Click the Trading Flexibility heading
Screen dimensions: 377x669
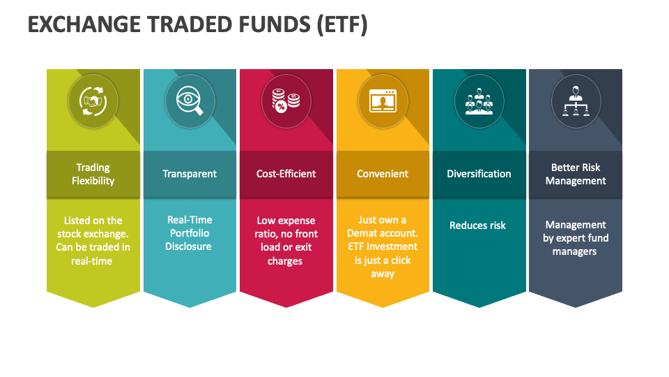(x=93, y=174)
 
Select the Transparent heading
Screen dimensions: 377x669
(x=190, y=174)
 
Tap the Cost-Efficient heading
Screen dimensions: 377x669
(x=286, y=174)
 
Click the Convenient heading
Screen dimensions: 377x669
(x=383, y=174)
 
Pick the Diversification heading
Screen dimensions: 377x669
(x=479, y=174)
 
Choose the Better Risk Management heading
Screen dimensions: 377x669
(x=576, y=174)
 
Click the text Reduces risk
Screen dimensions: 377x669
(x=478, y=226)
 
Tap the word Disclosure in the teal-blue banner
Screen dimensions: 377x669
(x=188, y=246)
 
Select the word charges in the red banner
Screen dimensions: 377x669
(x=285, y=261)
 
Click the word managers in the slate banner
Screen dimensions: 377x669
(x=575, y=251)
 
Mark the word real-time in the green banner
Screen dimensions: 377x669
(x=92, y=260)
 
